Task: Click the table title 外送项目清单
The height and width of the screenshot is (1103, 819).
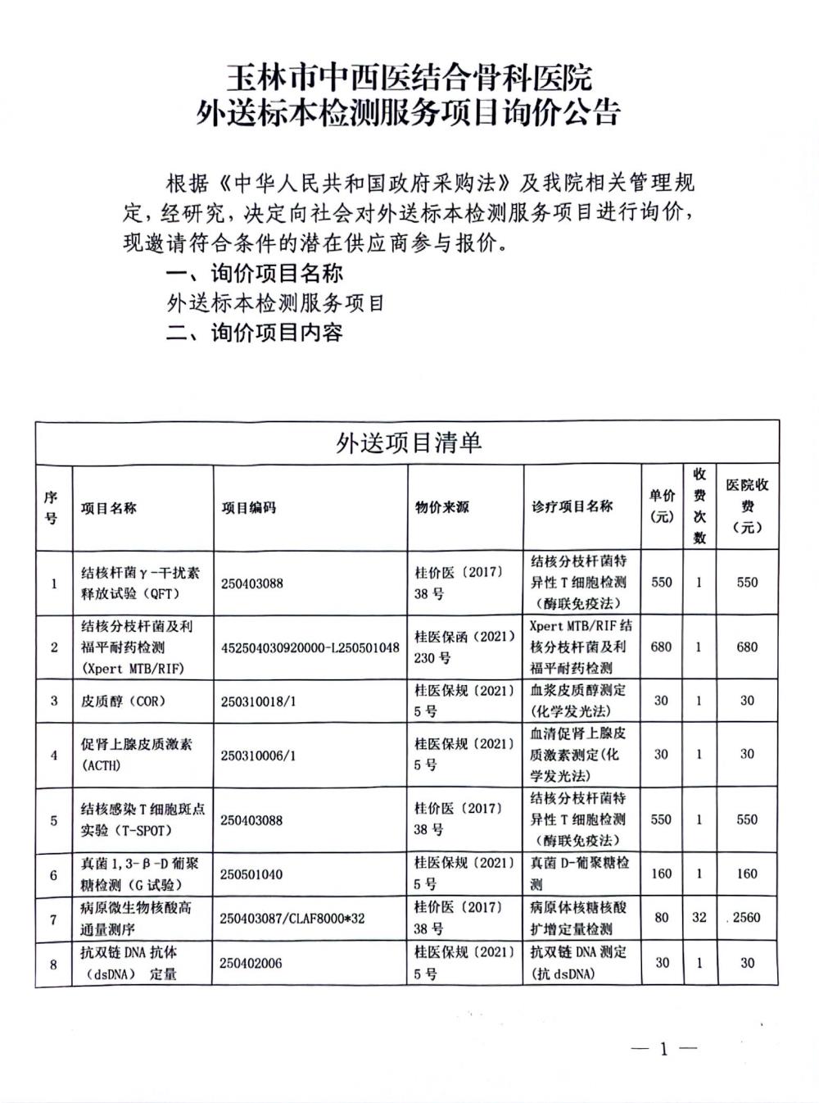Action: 409,443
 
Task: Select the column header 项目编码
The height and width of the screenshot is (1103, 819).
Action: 249,508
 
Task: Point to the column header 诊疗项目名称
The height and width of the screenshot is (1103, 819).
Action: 572,506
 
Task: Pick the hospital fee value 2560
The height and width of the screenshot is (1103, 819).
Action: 746,918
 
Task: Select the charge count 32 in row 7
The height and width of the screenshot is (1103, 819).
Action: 699,918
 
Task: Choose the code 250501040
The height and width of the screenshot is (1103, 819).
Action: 251,874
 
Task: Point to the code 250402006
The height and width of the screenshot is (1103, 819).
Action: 251,964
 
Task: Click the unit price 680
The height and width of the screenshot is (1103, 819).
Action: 661,647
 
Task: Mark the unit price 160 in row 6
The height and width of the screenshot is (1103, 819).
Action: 661,874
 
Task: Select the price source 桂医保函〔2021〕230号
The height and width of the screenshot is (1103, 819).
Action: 464,647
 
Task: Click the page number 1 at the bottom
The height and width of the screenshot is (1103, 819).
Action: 663,1050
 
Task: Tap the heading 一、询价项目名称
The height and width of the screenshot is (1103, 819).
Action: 254,273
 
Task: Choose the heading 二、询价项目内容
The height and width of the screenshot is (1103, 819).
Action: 254,333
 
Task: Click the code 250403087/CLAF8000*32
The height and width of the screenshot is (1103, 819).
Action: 292,919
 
